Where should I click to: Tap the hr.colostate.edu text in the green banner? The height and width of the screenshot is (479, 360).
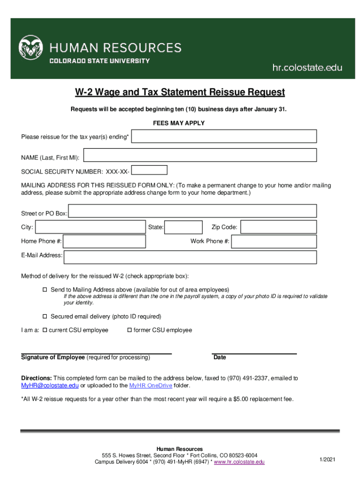tap(307, 68)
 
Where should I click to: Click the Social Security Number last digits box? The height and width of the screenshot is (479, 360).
tap(149, 170)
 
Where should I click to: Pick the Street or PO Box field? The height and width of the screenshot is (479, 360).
tap(193, 211)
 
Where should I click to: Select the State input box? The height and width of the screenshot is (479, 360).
tap(184, 227)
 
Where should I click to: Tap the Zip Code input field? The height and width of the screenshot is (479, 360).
tap(279, 227)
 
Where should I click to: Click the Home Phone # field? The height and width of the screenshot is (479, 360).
tap(104, 241)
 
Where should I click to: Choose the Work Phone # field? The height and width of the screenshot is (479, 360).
tap(274, 241)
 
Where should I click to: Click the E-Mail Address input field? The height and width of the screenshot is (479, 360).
tap(190, 257)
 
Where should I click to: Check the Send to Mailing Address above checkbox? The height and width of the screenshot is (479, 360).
tap(45, 290)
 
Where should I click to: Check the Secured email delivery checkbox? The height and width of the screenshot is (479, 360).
tap(45, 317)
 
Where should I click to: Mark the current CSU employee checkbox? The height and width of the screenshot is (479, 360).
tap(45, 330)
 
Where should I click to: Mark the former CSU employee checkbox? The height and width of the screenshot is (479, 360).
tap(130, 330)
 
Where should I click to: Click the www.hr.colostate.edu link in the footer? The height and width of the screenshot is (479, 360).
tap(239, 462)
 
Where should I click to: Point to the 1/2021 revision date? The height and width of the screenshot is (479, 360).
tap(327, 460)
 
